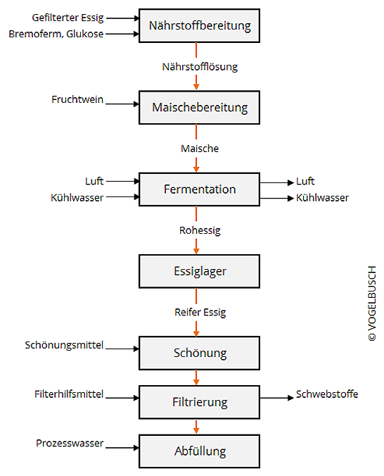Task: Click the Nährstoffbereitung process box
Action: (x=199, y=26)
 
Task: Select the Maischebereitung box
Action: (x=199, y=108)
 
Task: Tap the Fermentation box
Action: (x=199, y=189)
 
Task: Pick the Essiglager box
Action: (x=199, y=271)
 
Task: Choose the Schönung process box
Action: (x=199, y=353)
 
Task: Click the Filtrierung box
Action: (x=199, y=402)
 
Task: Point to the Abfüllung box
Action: (x=199, y=451)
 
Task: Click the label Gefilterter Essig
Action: (x=68, y=18)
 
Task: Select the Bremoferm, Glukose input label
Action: (x=56, y=34)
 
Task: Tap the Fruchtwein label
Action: (x=77, y=99)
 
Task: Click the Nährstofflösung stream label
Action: (x=200, y=67)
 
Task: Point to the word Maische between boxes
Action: (x=200, y=149)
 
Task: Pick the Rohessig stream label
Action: (x=200, y=230)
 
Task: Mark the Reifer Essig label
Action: (x=200, y=312)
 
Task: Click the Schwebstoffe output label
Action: (x=327, y=394)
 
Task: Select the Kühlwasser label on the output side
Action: (x=322, y=198)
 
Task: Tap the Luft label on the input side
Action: (x=94, y=181)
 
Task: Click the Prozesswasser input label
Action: (x=70, y=443)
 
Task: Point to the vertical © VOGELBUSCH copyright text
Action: (x=372, y=303)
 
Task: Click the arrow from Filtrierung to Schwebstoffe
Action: (x=277, y=398)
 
